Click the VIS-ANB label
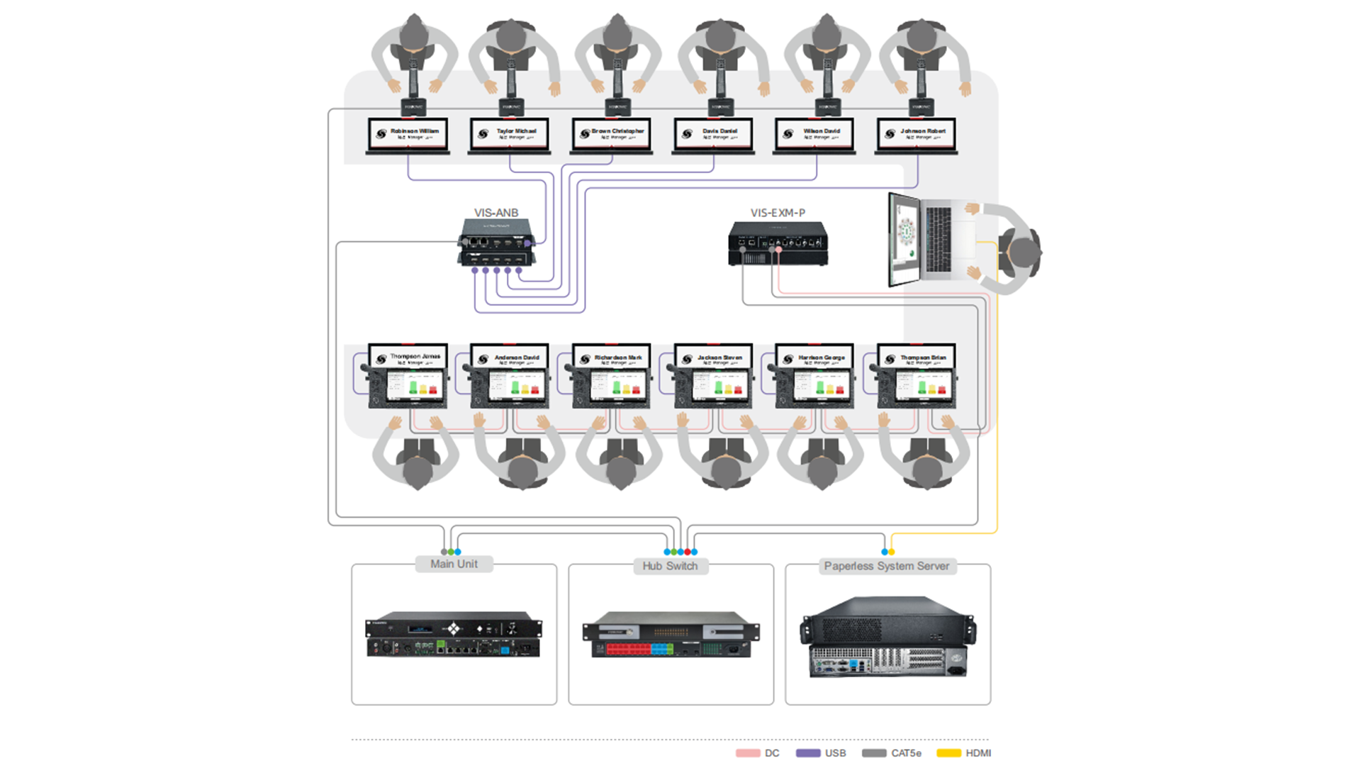pyautogui.click(x=495, y=213)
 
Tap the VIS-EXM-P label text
pyautogui.click(x=778, y=213)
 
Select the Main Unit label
pyautogui.click(x=454, y=564)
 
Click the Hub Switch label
pyautogui.click(x=670, y=566)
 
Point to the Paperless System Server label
pyautogui.click(x=886, y=566)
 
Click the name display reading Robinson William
pyautogui.click(x=408, y=133)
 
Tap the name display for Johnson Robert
pyautogui.click(x=917, y=133)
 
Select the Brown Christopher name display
pyautogui.click(x=612, y=133)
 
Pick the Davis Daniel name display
pyautogui.click(x=713, y=133)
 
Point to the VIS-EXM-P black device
pyautogui.click(x=778, y=243)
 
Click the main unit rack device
pyautogui.click(x=454, y=633)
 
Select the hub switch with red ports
pyautogui.click(x=671, y=634)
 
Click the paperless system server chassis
pyautogui.click(x=887, y=636)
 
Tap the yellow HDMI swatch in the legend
pyautogui.click(x=948, y=753)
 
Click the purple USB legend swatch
pyautogui.click(x=808, y=753)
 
